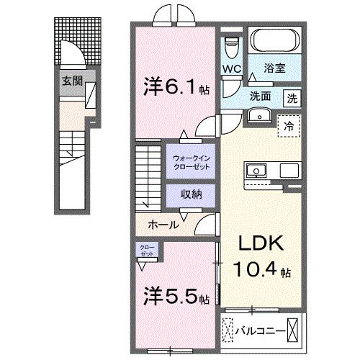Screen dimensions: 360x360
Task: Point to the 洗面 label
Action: [x=261, y=96]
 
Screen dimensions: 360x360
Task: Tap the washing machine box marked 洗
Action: [x=292, y=97]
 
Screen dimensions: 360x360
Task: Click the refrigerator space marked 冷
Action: [x=292, y=126]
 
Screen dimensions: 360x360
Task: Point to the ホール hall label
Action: [x=163, y=225]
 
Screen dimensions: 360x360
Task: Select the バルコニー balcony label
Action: [x=259, y=331]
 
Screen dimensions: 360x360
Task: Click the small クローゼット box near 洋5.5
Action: [x=147, y=252]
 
